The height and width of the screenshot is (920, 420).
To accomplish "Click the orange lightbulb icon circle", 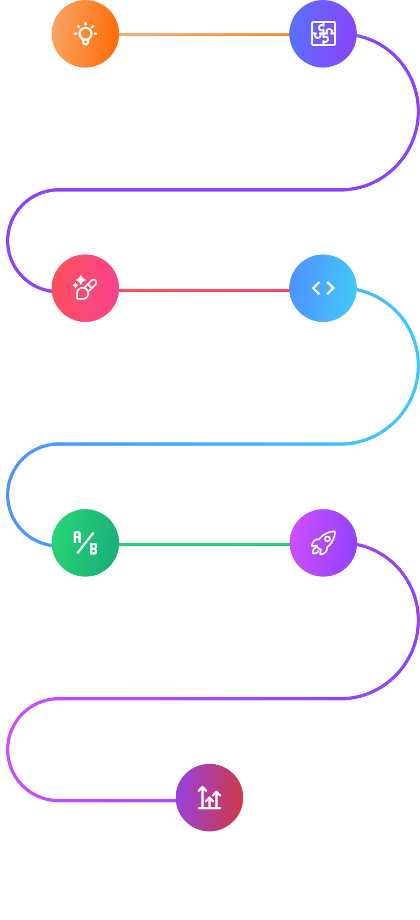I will tap(85, 34).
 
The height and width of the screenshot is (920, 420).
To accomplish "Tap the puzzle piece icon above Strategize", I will tap(323, 34).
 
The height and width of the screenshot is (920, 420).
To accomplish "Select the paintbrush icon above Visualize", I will tap(85, 288).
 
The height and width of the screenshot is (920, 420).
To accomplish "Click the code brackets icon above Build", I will tap(323, 288).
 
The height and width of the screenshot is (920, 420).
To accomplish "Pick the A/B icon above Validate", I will tap(85, 543).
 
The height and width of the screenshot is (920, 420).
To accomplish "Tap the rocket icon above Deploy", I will tap(323, 543).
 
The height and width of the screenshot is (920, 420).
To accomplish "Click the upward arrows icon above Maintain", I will tap(209, 798).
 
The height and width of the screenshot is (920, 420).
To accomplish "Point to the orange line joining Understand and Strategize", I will tap(204, 35).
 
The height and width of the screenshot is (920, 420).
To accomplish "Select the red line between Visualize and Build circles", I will tap(204, 290).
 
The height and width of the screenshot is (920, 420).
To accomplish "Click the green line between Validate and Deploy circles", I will tap(204, 545).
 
